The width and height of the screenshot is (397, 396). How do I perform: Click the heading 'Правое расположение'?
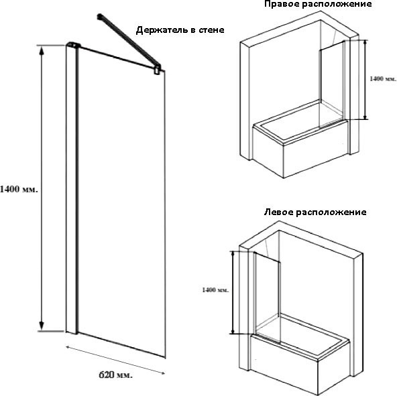tap(318, 4)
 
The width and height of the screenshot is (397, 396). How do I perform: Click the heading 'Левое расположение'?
tap(315, 212)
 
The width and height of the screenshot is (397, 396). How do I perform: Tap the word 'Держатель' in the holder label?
tap(162, 30)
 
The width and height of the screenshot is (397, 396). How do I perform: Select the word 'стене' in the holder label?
tap(211, 30)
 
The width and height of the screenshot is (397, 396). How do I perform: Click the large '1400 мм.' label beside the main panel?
tap(19, 189)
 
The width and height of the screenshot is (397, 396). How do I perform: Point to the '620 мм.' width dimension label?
tap(115, 375)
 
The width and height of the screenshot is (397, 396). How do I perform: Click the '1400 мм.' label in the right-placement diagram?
tap(383, 78)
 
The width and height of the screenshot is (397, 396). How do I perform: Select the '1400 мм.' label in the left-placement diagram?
tap(215, 289)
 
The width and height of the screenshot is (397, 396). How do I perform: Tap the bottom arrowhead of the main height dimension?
tap(42, 326)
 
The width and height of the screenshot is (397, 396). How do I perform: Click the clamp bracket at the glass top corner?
tap(158, 69)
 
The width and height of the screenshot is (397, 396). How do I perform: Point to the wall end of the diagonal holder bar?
tap(99, 17)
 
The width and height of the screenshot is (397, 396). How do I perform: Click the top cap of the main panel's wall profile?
tap(73, 45)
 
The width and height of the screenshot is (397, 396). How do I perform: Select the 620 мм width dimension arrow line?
tap(115, 360)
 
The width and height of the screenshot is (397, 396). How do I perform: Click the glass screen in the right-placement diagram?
tap(332, 84)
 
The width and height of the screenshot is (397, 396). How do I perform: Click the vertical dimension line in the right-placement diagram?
tap(365, 80)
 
